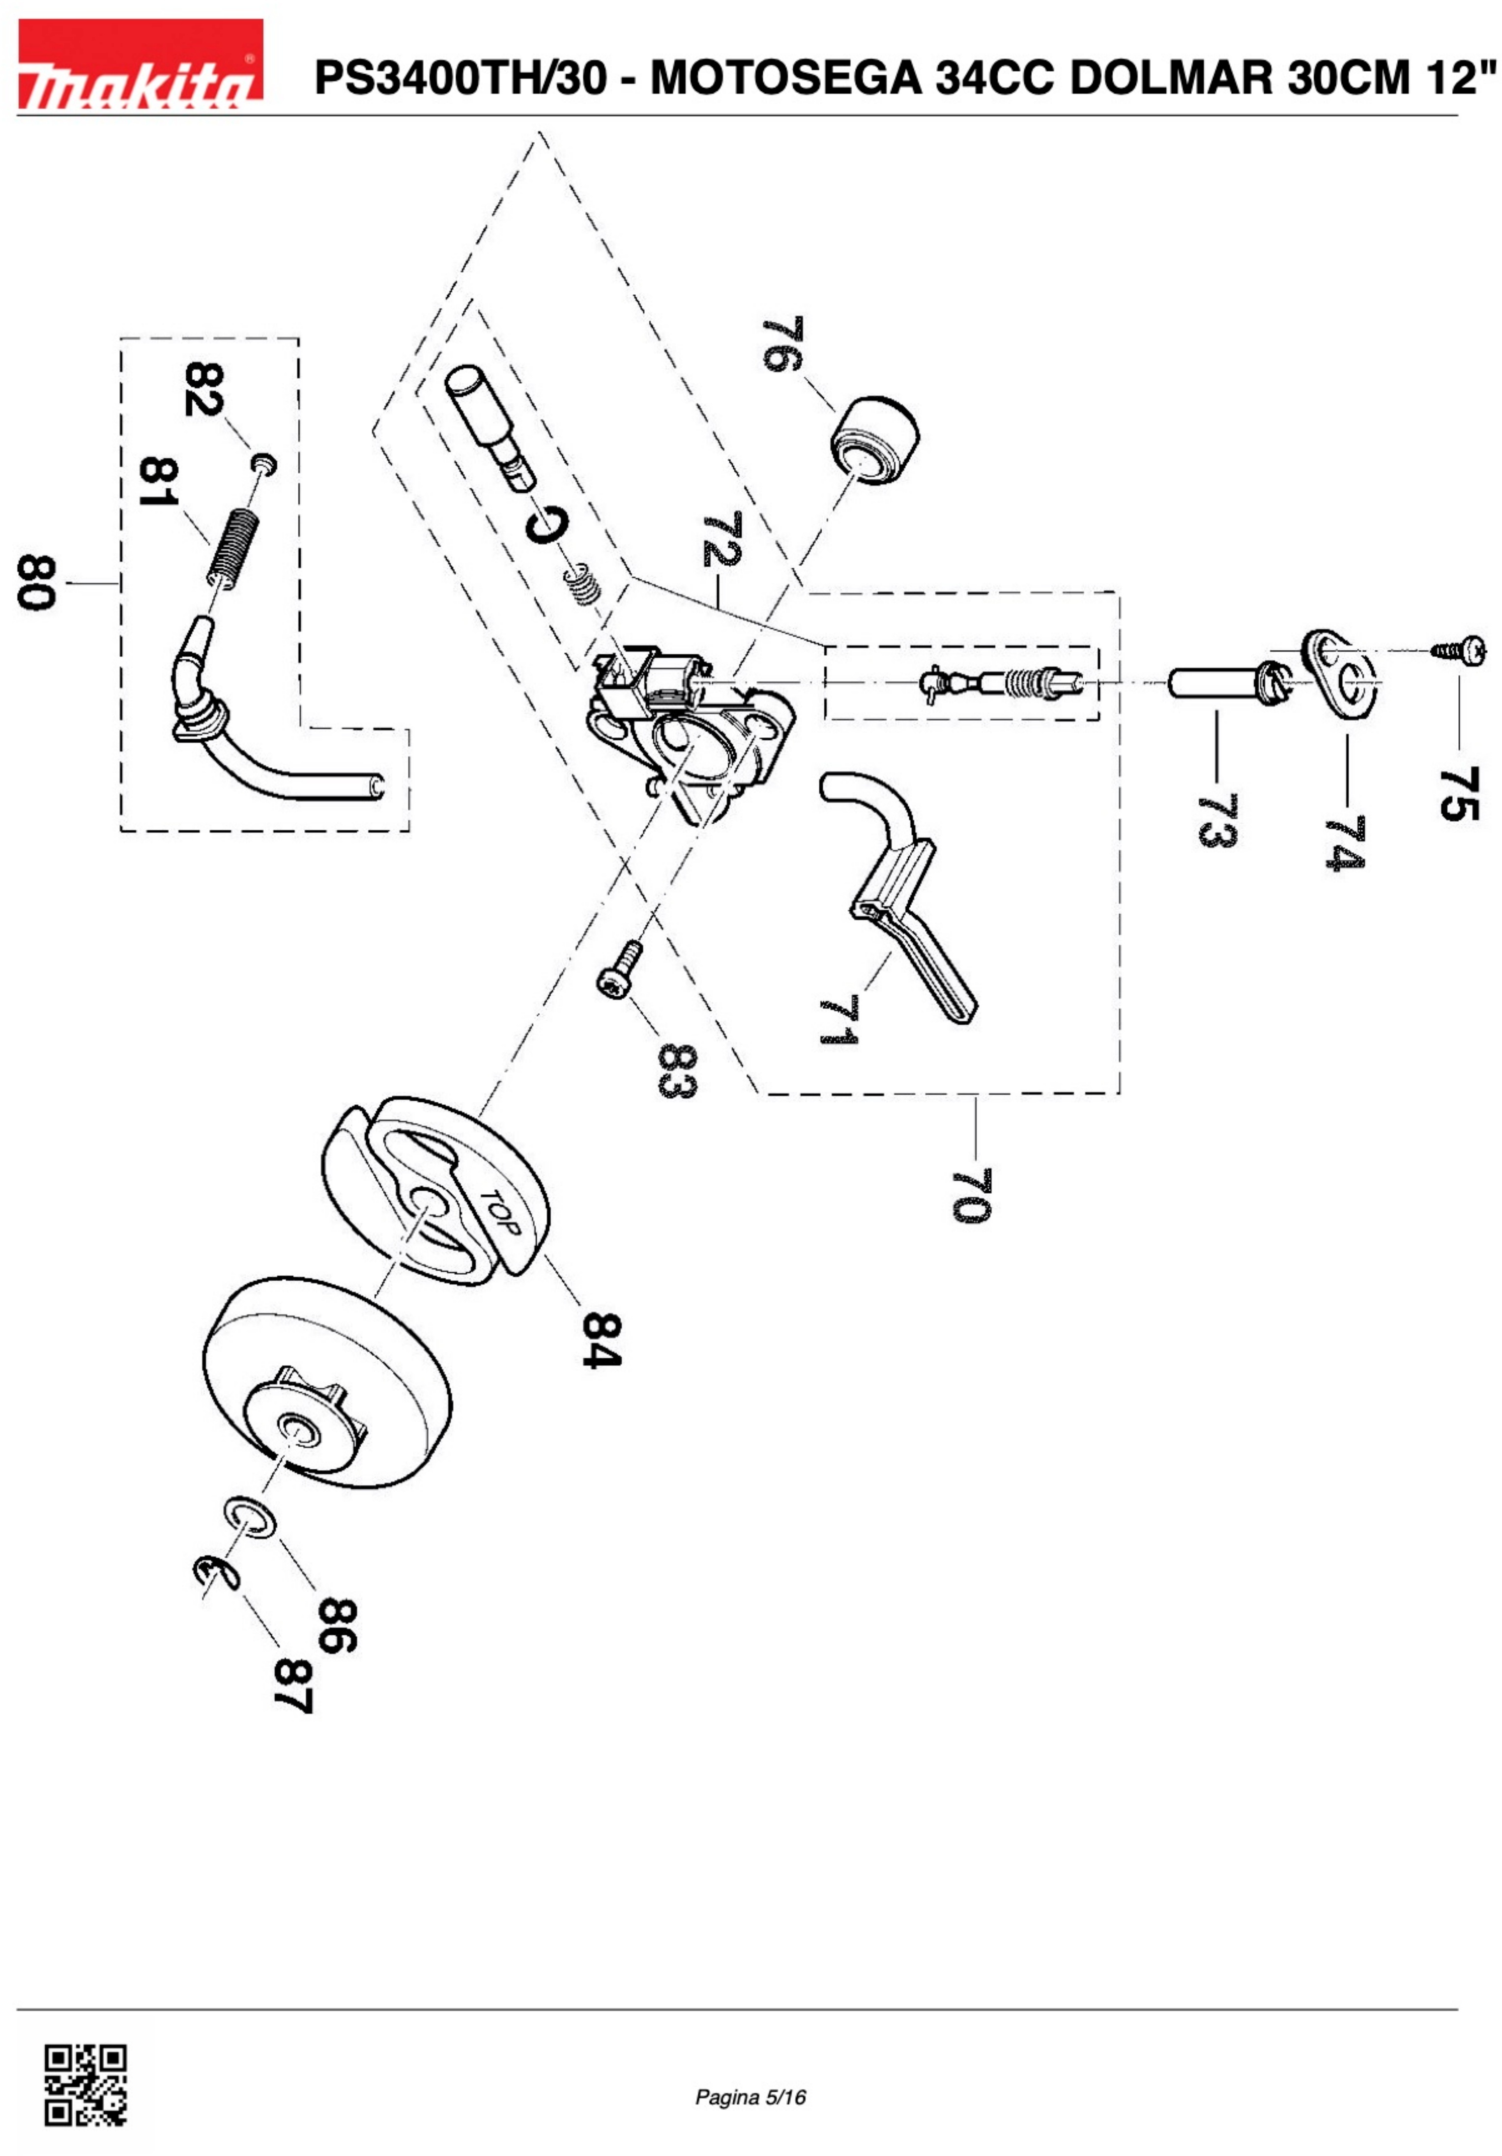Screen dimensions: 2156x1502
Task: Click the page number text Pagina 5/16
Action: tap(750, 2097)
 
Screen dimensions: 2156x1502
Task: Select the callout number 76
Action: tap(782, 345)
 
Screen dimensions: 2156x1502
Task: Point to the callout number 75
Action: tap(1459, 793)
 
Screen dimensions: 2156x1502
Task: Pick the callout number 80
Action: tap(37, 583)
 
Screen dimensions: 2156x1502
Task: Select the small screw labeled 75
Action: tap(1459, 650)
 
